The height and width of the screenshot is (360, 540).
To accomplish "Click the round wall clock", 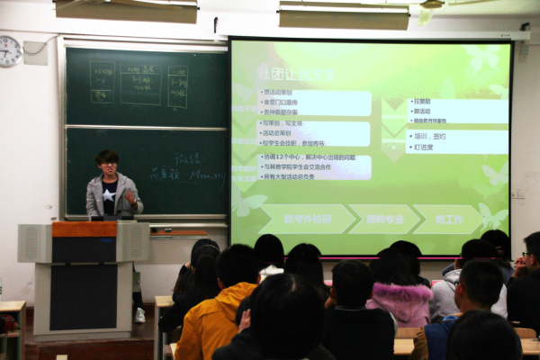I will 10,50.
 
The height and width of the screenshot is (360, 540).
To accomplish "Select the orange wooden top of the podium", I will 84,229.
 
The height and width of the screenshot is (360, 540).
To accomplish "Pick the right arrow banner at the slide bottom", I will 446,219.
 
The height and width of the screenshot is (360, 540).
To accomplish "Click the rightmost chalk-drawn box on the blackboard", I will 177,85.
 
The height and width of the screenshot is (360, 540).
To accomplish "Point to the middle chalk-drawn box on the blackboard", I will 140,84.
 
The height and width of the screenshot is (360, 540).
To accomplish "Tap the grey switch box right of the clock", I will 35,52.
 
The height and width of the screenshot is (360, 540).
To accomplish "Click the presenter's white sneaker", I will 139,315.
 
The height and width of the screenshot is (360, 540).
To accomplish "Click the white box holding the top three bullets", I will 302,103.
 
